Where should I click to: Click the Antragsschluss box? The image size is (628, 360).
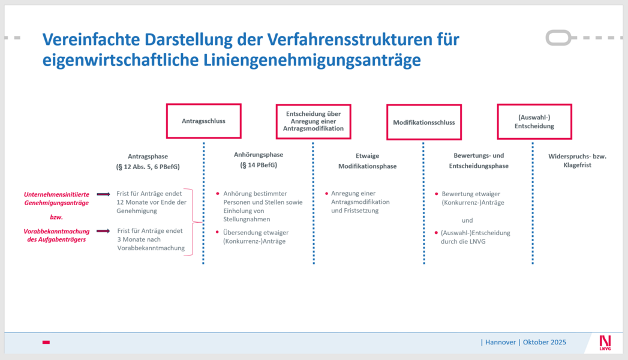[x=203, y=121]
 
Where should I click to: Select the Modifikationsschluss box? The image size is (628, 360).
[x=423, y=122]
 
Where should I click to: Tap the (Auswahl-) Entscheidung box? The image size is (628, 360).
[x=534, y=122]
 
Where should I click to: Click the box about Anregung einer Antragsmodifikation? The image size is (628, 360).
[x=314, y=121]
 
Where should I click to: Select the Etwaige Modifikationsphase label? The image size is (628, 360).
[x=367, y=161]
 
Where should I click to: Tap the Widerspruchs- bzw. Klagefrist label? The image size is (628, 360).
[x=577, y=160]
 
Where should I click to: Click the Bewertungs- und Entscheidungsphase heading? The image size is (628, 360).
[x=478, y=161]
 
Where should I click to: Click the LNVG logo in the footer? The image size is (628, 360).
[x=605, y=343]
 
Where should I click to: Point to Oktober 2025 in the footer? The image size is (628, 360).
[x=544, y=343]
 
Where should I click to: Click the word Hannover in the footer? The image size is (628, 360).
[x=500, y=343]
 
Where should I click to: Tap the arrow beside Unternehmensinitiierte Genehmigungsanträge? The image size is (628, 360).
[x=103, y=194]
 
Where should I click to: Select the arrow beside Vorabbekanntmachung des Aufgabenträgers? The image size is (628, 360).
[x=103, y=230]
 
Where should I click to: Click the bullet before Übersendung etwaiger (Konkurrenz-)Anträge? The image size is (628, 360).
[x=218, y=232]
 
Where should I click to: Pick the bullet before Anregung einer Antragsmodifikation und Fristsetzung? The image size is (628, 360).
[x=326, y=193]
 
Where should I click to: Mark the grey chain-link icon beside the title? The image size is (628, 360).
[x=559, y=38]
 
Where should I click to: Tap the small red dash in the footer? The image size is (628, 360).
[x=46, y=342]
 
